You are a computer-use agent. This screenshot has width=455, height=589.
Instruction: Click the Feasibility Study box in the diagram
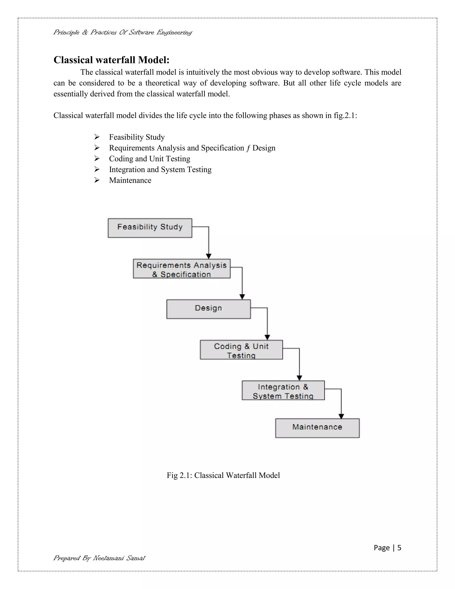pos(150,228)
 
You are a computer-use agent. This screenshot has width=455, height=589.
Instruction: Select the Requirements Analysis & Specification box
pos(182,269)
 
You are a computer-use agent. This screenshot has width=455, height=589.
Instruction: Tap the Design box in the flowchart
pos(208,309)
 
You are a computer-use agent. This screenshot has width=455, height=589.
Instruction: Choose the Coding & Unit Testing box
pos(241,350)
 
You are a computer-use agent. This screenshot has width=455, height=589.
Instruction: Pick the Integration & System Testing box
pos(283,390)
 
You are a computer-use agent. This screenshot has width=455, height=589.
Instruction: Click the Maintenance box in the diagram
pos(317,428)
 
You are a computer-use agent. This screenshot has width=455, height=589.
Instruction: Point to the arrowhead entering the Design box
pos(242,297)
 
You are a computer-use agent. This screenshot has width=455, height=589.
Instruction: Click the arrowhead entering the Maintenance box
pos(341,416)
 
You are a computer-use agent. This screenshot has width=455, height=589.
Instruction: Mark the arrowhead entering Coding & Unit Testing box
pos(267,337)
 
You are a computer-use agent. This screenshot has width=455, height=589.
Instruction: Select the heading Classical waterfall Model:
pos(111,60)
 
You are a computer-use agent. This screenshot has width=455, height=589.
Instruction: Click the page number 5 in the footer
pos(399,548)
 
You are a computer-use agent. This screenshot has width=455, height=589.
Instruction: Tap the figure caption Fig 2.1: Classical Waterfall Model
pos(223,475)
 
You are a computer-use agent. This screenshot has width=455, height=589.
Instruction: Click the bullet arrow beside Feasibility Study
pos(97,137)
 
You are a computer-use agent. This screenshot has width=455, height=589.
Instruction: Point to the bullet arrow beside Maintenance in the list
pos(97,180)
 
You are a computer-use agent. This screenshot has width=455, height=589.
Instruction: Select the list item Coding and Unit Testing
pos(150,158)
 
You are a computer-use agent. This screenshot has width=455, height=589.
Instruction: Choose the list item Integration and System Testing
pos(160,169)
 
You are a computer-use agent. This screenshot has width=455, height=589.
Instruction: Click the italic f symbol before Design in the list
pos(248,148)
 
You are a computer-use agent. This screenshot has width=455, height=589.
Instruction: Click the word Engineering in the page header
pos(174,33)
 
